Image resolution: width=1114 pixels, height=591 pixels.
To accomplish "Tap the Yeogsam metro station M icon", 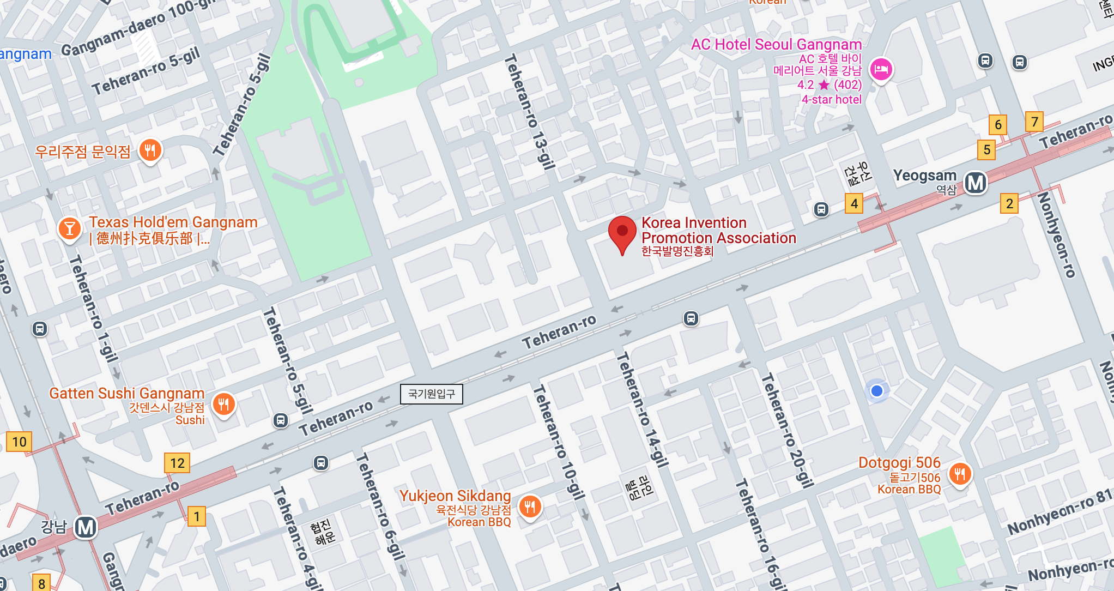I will [975, 183].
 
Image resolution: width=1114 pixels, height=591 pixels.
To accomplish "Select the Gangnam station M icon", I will [86, 527].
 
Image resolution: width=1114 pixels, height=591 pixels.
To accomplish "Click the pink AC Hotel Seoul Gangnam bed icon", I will [881, 70].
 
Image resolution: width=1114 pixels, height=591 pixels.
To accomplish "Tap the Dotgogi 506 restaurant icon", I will [960, 474].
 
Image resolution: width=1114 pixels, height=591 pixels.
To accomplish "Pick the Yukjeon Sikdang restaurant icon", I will [529, 507].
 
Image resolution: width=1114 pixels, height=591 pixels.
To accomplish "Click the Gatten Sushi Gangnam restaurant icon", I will [223, 405].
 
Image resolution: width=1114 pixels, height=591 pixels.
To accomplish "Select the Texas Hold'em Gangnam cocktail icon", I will [69, 228].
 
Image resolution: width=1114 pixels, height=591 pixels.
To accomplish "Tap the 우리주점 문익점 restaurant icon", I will [150, 150].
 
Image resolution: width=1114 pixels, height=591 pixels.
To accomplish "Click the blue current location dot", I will [876, 391].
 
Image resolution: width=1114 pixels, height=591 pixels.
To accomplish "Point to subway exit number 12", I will [177, 463].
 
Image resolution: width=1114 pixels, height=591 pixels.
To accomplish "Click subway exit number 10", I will [19, 442].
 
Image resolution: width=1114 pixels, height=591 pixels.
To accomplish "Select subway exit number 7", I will [1034, 122].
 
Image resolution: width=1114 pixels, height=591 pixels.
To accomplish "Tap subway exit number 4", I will [854, 203].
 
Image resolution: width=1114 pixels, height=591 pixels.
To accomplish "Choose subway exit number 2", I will [1009, 203].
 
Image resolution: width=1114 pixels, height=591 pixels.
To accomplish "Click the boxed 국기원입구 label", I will [431, 394].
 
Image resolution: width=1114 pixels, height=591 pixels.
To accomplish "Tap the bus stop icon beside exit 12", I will [320, 463].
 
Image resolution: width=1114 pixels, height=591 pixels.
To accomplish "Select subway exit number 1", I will [196, 516].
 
